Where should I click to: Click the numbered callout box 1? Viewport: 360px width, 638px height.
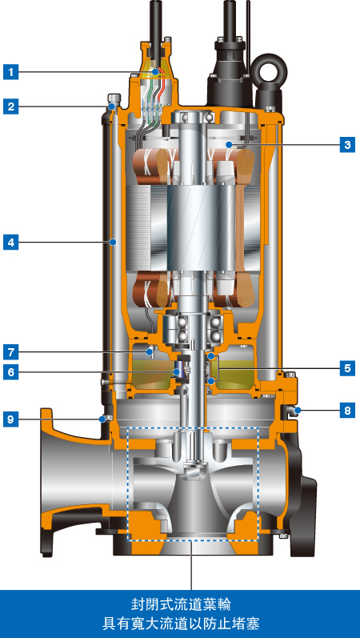11,72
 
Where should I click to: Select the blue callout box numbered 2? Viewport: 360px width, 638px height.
11,106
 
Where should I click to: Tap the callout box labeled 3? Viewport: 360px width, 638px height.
347,144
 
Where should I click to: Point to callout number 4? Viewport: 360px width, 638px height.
11,243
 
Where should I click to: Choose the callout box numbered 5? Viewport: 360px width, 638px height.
347,369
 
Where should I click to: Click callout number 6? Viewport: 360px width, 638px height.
11,372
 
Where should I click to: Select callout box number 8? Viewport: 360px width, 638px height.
347,411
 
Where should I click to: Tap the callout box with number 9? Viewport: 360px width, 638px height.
11,419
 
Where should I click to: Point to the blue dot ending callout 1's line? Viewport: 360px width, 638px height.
154,72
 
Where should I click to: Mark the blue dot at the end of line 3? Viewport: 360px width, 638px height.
230,144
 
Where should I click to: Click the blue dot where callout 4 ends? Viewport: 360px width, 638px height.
113,243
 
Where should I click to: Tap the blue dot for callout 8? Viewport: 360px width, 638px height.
298,410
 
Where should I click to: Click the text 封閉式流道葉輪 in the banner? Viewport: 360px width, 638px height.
180,605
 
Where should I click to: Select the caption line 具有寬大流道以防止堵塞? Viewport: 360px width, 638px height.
180,624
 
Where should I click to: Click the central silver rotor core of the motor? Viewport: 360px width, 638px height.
199,229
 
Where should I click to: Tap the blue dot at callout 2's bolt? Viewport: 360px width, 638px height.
112,106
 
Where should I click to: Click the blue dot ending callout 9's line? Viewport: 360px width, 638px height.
102,419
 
